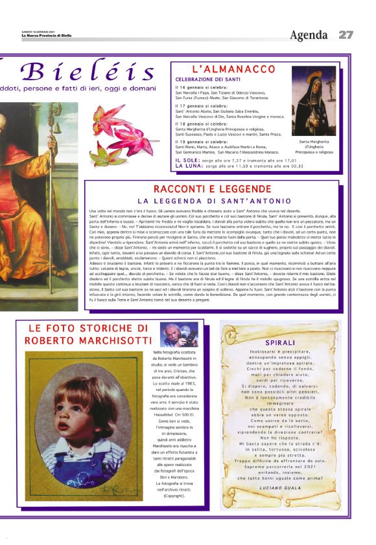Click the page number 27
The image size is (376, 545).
[346, 35]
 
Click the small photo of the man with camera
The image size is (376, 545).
[179, 333]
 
